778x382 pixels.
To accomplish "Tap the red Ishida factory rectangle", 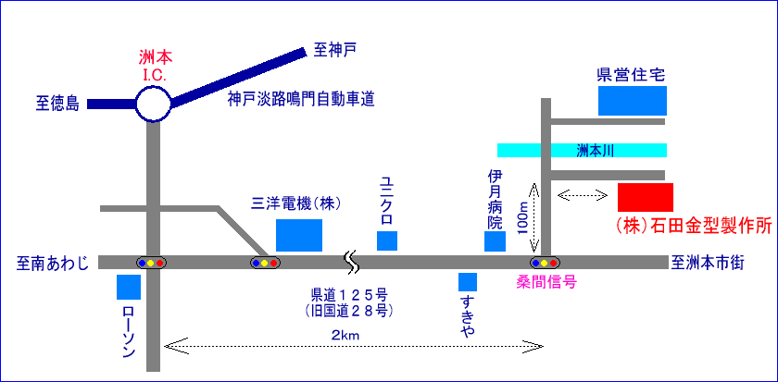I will click(x=646, y=197).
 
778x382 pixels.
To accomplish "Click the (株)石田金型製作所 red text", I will click(x=694, y=226).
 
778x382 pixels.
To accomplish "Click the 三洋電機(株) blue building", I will click(x=300, y=235).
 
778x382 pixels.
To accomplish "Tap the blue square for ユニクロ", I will click(x=387, y=240).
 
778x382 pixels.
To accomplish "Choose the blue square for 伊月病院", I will click(x=496, y=241).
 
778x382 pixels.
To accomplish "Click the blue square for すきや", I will click(x=468, y=281).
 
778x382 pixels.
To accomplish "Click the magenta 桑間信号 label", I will click(x=546, y=281).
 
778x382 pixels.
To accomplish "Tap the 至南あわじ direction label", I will click(x=53, y=264).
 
